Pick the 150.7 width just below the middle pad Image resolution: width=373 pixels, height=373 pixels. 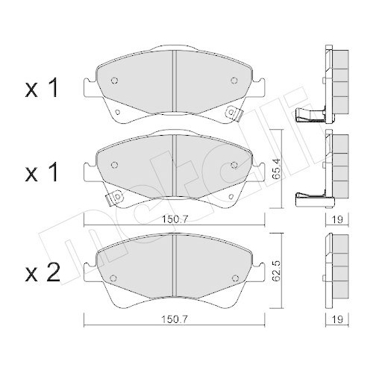click(x=173, y=221)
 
